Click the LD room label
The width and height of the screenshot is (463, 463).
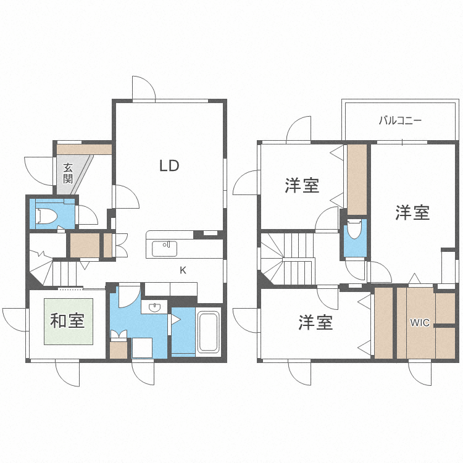coord(169,165)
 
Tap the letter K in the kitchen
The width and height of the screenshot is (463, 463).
coord(183,270)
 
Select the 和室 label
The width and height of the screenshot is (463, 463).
coord(67,321)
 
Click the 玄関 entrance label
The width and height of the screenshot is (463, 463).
coord(68,173)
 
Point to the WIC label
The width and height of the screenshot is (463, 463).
coord(420,322)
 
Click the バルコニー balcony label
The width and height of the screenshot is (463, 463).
coord(400,120)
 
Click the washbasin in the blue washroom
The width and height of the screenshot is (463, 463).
coord(155,307)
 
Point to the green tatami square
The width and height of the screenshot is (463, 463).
coord(68,322)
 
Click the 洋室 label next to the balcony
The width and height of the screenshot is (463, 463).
coord(412,213)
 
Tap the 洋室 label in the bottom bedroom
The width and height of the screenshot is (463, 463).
coord(315,322)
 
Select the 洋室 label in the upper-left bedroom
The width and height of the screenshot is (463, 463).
coord(302,185)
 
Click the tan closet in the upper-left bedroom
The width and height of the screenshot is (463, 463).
coord(357,179)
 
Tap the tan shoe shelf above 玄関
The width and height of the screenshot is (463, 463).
coord(84,149)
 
